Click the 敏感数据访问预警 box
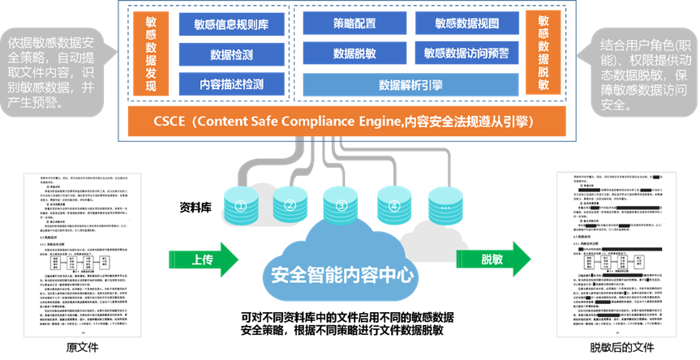click(466, 54)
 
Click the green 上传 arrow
click(203, 259)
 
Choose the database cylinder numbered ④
click(394, 205)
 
